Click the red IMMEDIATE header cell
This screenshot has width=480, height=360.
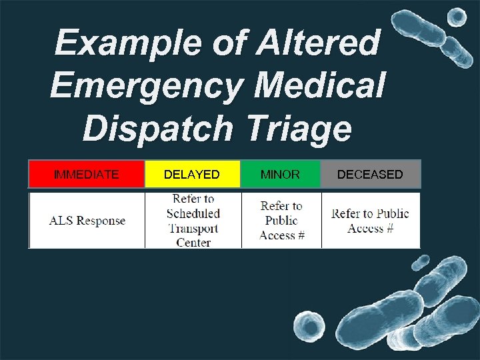point(87,175)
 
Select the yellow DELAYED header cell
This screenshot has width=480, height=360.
point(192,175)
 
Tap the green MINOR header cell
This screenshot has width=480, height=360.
point(280,175)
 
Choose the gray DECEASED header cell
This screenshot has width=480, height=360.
point(370,175)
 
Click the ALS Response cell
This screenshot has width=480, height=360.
point(87,221)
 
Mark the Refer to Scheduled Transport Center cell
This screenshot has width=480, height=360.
point(193,221)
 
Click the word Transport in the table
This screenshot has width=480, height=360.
point(193,228)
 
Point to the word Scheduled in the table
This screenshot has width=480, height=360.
point(193,213)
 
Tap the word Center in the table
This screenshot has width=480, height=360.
point(193,243)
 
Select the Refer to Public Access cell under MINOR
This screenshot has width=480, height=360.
point(281,221)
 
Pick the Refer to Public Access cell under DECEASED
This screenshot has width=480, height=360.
point(370,221)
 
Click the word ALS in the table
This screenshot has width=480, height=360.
point(61,221)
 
